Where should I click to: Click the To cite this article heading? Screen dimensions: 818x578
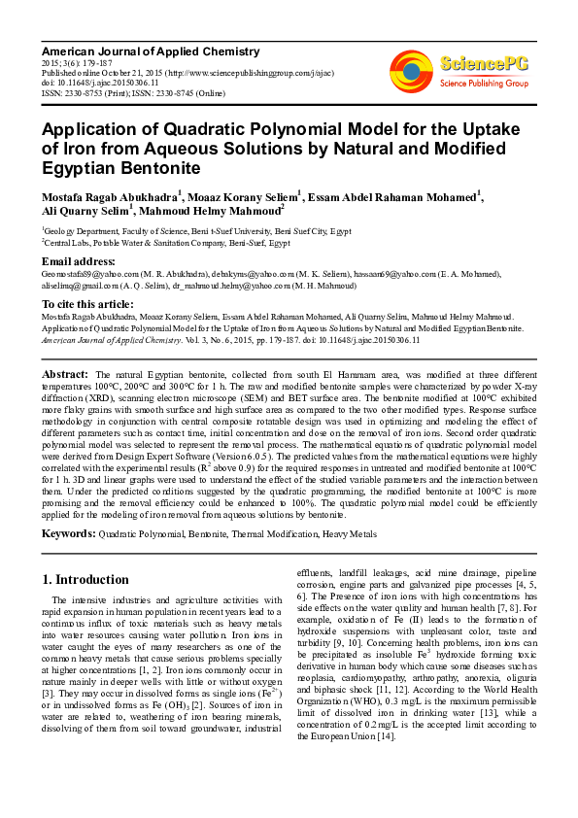pos(88,303)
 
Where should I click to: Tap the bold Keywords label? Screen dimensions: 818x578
pos(68,534)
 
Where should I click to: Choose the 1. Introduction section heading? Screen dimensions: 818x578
pos(85,580)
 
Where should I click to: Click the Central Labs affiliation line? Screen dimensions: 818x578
pos(166,245)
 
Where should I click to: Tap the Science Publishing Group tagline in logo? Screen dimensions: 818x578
pos(483,85)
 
